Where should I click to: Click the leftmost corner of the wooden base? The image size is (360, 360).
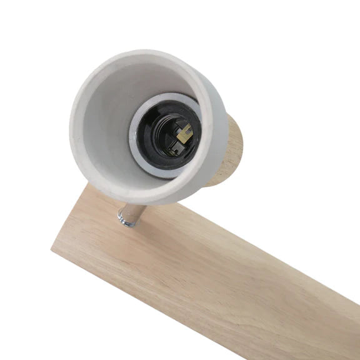pos(52,249)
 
